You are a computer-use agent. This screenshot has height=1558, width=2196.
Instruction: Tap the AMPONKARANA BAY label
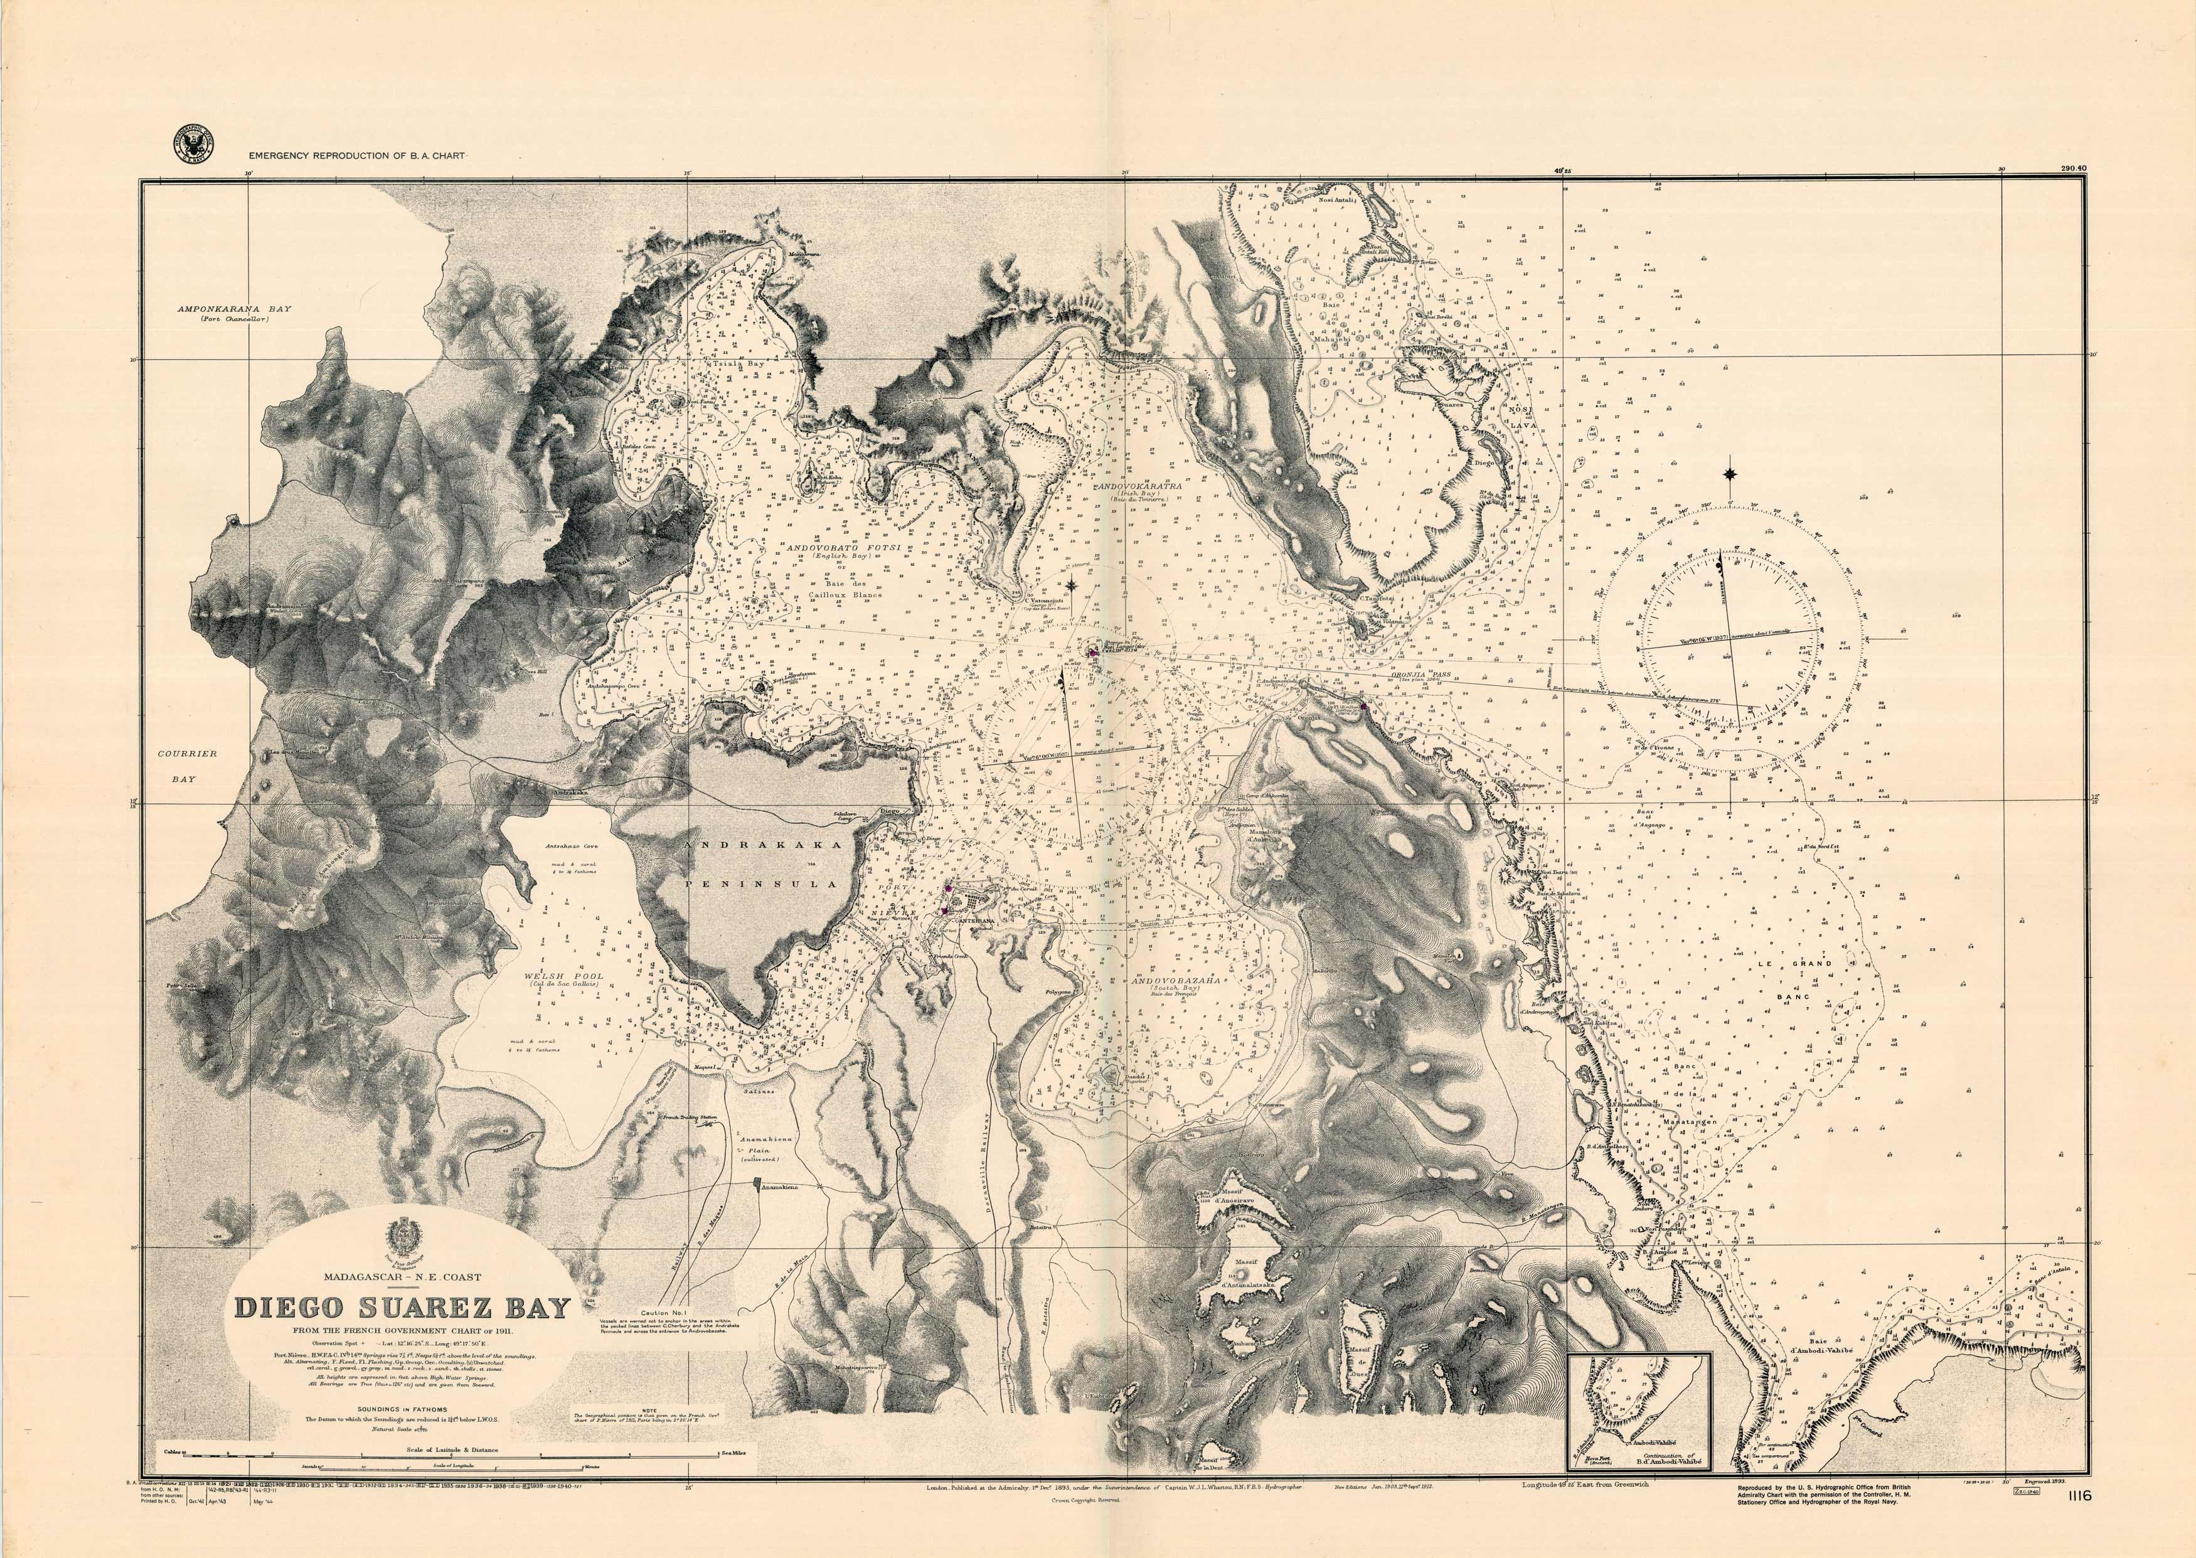[x=233, y=309]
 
